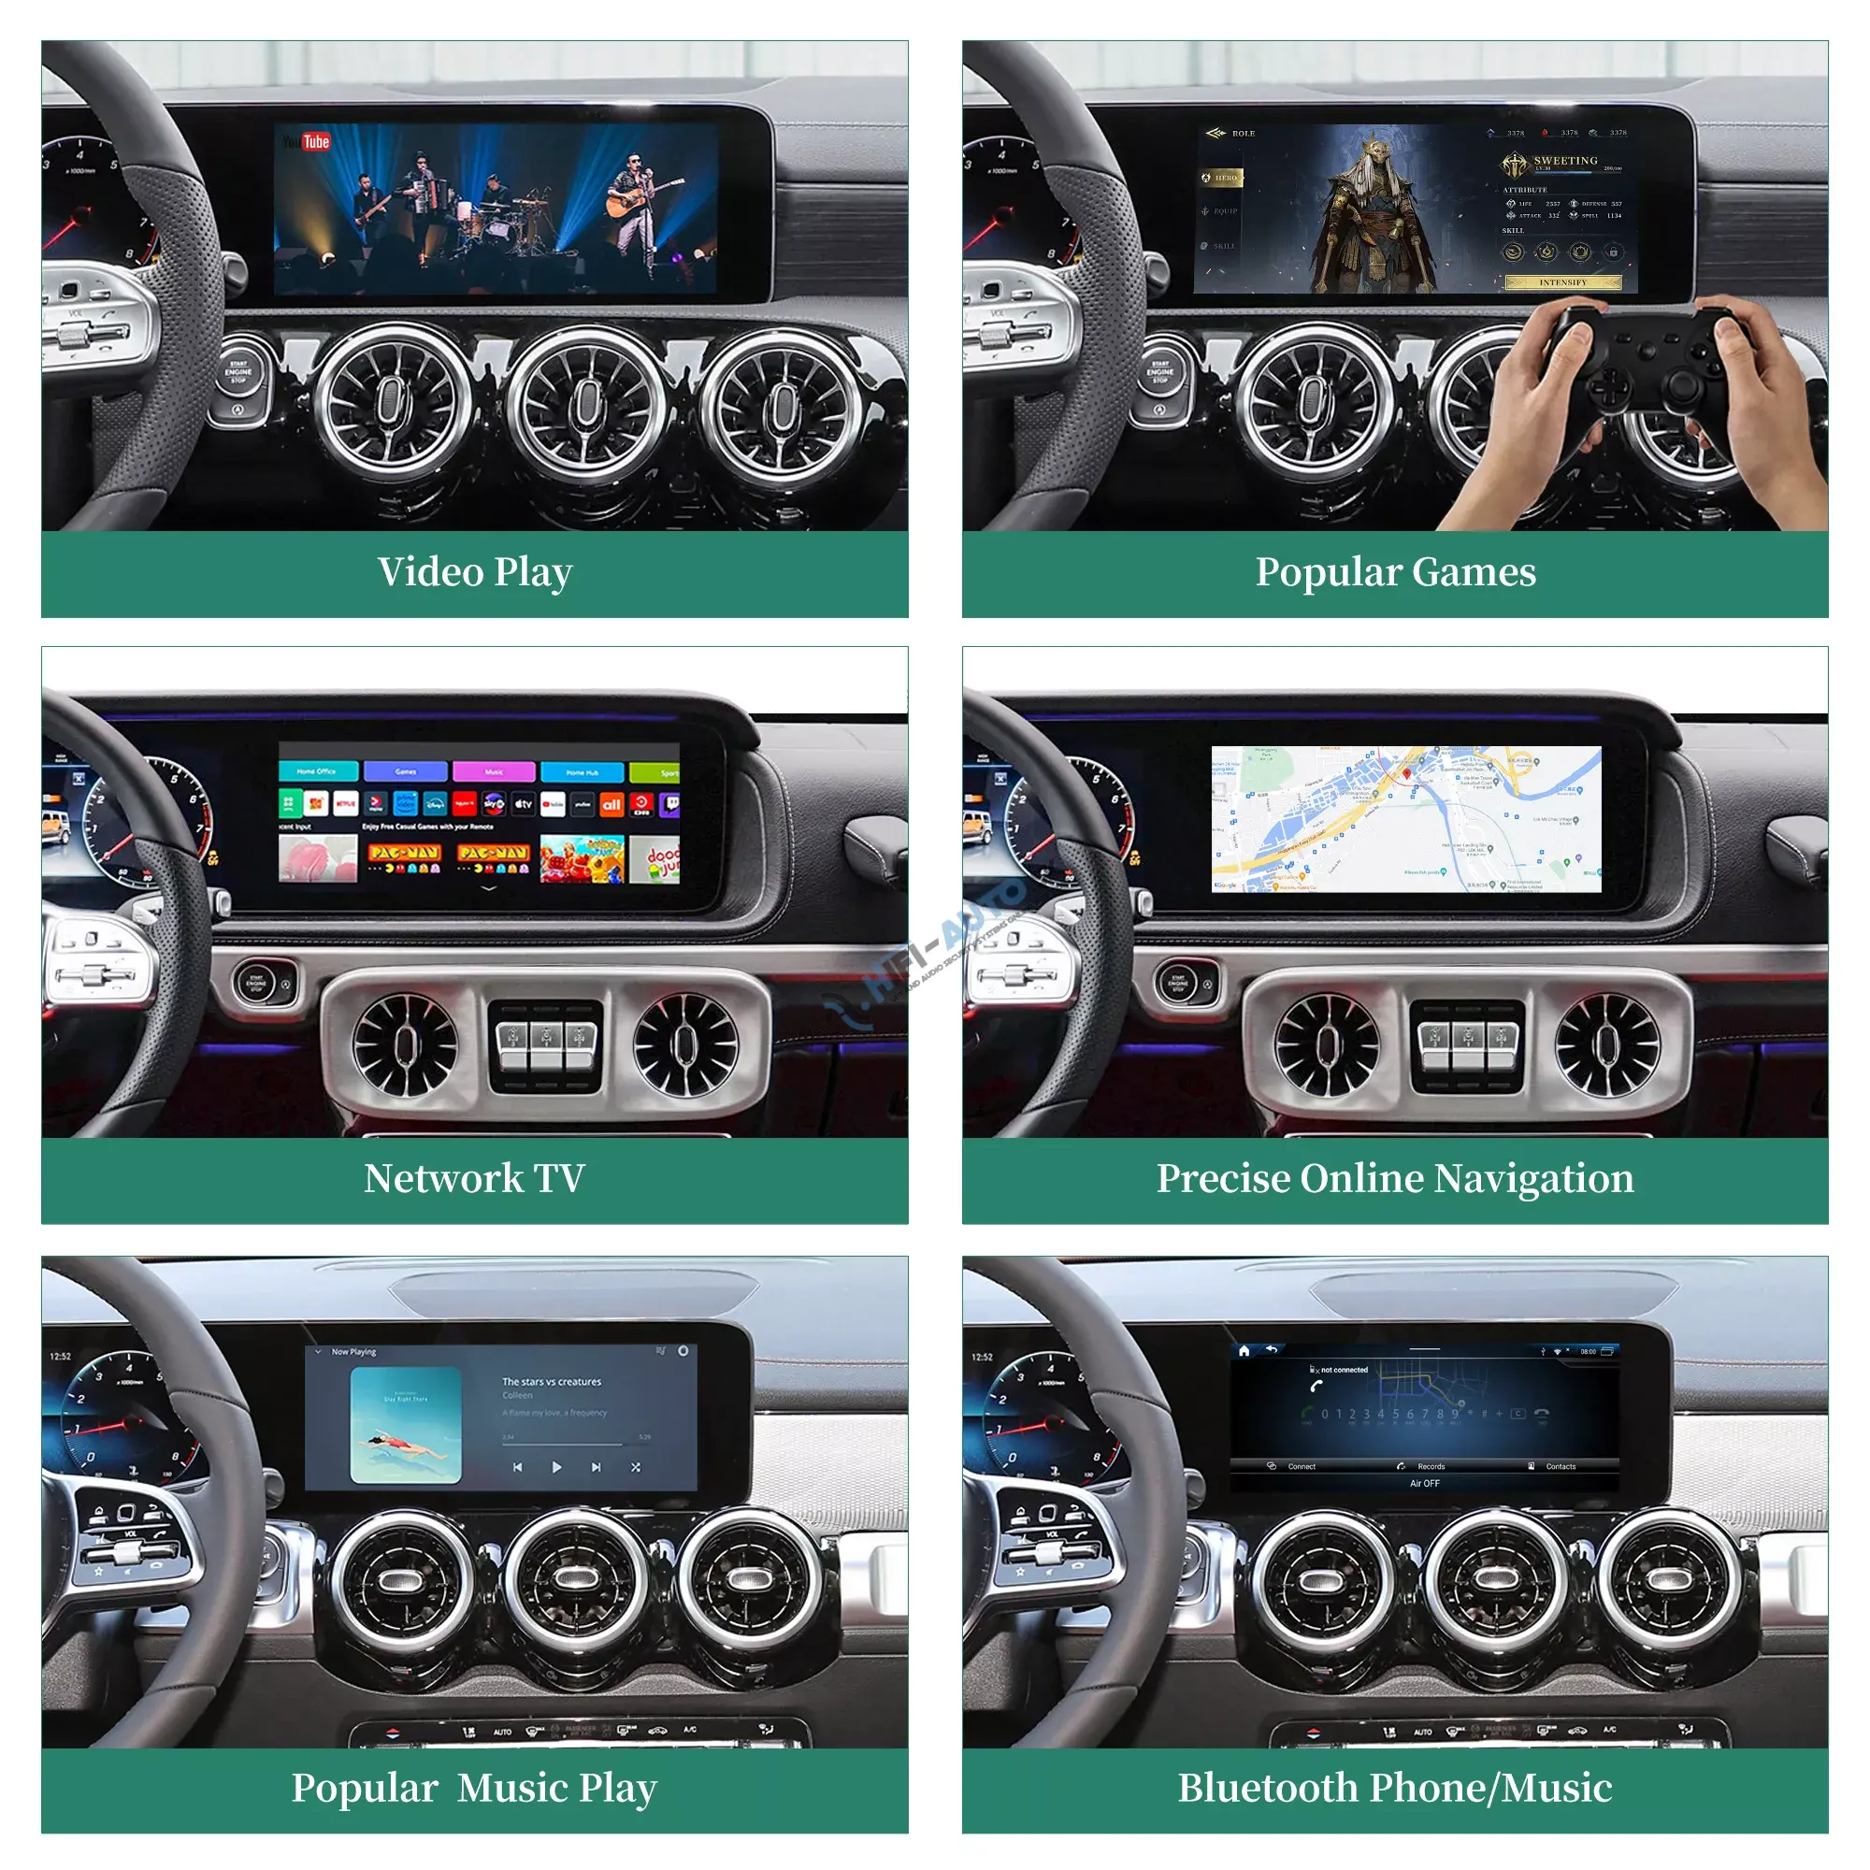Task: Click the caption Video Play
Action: click(474, 572)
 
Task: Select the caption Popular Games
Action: click(1395, 572)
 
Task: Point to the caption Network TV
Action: click(474, 1178)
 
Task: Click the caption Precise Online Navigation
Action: click(1395, 1178)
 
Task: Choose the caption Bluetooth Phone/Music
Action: click(1395, 1788)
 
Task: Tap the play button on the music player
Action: click(556, 1467)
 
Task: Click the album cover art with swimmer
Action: click(406, 1425)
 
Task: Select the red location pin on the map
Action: click(1406, 774)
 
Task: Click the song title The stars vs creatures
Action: click(552, 1382)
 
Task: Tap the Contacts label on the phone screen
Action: click(1561, 1466)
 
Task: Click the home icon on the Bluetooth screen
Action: click(1244, 1350)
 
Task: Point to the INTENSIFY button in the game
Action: click(1562, 282)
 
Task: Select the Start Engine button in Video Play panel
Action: click(238, 372)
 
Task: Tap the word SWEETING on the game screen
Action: click(1565, 161)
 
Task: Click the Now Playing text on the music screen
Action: click(353, 1352)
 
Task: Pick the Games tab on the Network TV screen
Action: click(406, 771)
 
